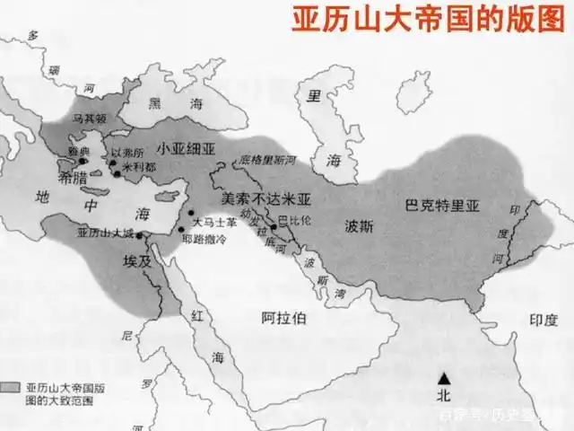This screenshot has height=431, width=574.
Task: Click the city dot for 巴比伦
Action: point(274,227)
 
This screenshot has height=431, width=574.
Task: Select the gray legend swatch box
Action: point(11,386)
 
